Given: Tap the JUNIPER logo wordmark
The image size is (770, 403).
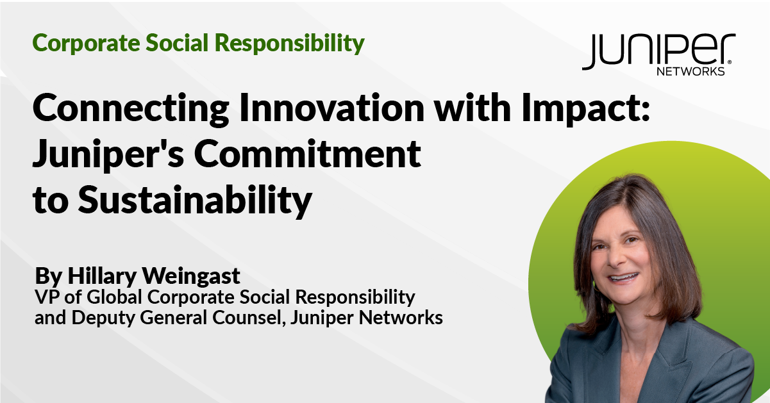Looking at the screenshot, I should [657, 51].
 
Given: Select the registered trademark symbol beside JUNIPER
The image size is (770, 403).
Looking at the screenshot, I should [732, 38].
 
